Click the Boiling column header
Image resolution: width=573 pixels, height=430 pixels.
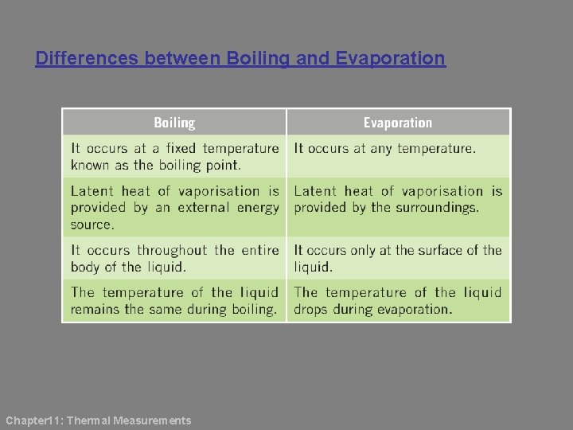click(174, 123)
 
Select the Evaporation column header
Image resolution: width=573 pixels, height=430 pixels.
click(398, 123)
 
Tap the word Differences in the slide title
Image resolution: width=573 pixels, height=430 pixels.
click(88, 59)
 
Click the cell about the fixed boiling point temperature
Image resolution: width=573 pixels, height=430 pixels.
click(174, 156)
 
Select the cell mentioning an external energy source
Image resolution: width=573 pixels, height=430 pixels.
click(174, 207)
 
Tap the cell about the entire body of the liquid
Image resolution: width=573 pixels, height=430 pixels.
click(174, 258)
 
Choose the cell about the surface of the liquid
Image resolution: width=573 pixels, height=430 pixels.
click(398, 258)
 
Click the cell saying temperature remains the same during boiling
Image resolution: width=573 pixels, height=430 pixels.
click(174, 301)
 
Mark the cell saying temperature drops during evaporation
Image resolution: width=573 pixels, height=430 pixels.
click(398, 301)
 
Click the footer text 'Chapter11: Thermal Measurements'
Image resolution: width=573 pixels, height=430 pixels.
click(99, 420)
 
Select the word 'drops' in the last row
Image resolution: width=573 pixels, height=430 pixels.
click(311, 310)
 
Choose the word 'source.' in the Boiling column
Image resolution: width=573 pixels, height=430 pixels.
click(92, 225)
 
